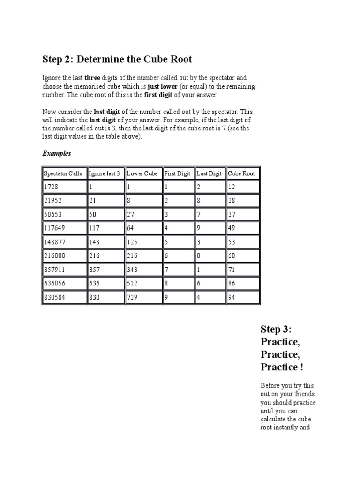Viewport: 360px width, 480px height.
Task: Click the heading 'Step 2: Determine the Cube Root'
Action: pyautogui.click(x=117, y=60)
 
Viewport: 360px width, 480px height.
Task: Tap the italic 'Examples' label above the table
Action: pyautogui.click(x=56, y=153)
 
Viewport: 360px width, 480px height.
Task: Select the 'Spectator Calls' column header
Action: pyautogui.click(x=63, y=173)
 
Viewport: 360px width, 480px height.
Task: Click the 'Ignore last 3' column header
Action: pyautogui.click(x=104, y=173)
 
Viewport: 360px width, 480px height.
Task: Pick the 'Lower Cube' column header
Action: pyautogui.click(x=142, y=173)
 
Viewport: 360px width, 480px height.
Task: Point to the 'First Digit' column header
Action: pyautogui.click(x=177, y=173)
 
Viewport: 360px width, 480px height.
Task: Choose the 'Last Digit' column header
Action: pyautogui.click(x=209, y=173)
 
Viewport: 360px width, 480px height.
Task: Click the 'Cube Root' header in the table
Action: pyautogui.click(x=241, y=173)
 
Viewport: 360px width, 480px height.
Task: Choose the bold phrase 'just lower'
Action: pyautogui.click(x=163, y=87)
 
